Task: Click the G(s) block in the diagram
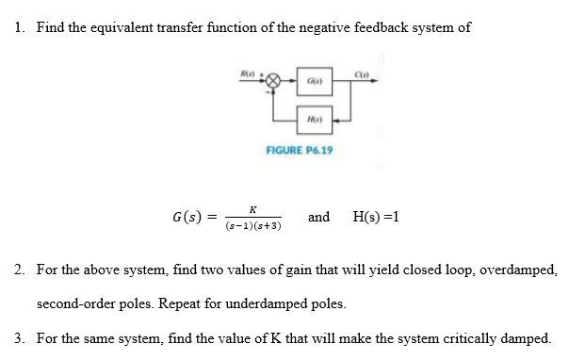(311, 81)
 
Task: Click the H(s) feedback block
(311, 120)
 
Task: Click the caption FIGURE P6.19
(301, 150)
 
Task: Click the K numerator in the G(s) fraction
(253, 208)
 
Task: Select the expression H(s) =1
(375, 217)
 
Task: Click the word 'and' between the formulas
(318, 217)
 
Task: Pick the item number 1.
(20, 27)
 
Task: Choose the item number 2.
(20, 270)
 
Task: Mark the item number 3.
(20, 336)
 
